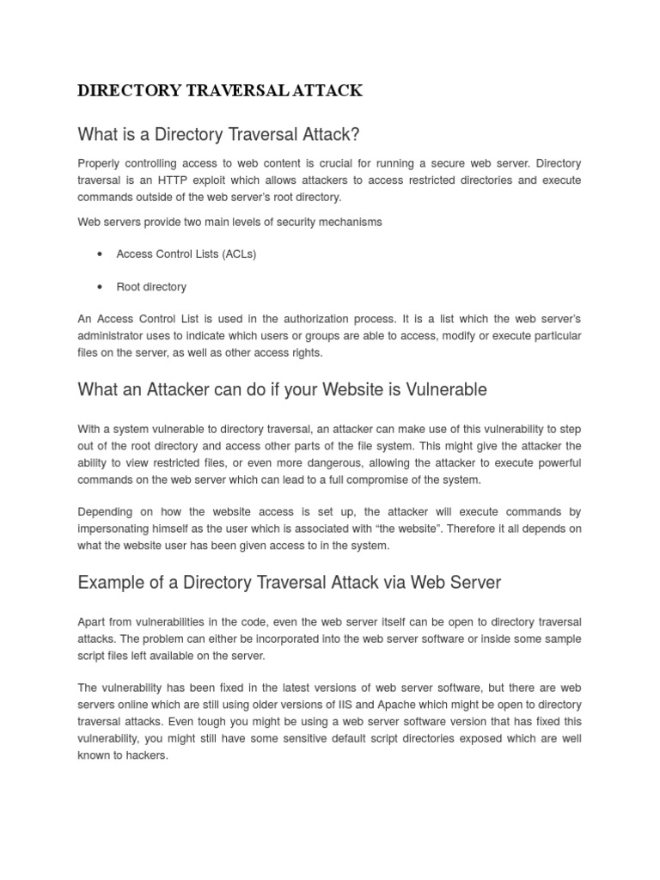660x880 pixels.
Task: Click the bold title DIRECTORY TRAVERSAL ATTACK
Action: [x=220, y=91]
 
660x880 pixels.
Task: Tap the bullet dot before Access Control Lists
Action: [x=101, y=254]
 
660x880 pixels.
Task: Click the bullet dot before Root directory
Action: [x=101, y=287]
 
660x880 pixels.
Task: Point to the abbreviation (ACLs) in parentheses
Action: [x=239, y=254]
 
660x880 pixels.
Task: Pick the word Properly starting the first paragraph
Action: [x=100, y=163]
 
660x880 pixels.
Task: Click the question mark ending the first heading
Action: [x=355, y=135]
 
